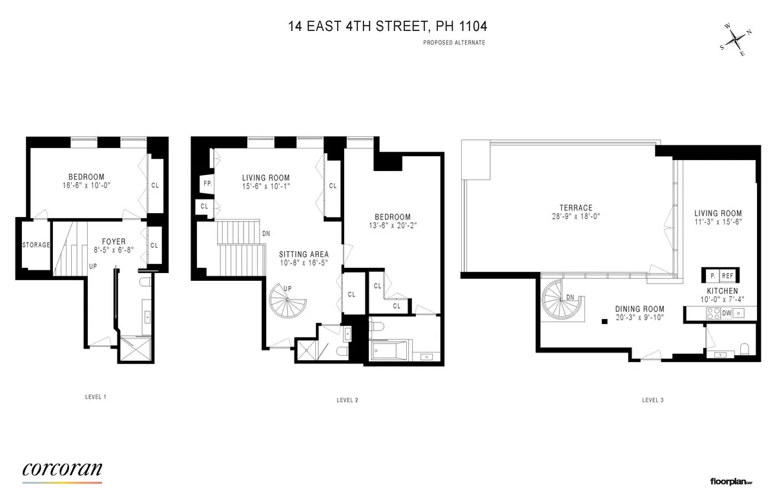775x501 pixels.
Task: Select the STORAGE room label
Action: click(x=36, y=245)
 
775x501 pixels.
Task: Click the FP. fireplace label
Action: click(x=207, y=184)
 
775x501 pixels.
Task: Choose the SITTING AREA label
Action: click(x=304, y=254)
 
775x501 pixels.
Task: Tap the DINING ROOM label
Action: click(x=639, y=309)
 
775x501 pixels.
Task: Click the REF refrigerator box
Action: click(x=727, y=276)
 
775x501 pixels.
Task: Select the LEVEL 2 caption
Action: click(x=347, y=400)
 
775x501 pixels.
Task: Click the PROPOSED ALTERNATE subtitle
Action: click(x=454, y=43)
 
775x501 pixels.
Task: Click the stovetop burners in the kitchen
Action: click(x=714, y=313)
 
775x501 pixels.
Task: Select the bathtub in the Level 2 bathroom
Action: click(x=389, y=353)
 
